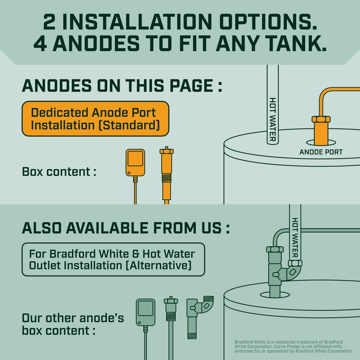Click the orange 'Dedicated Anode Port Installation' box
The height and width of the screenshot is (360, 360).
click(x=95, y=119)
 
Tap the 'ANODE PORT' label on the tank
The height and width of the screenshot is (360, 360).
click(x=321, y=152)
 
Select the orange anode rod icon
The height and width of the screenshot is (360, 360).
click(x=167, y=175)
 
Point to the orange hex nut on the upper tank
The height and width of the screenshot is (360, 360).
click(x=321, y=119)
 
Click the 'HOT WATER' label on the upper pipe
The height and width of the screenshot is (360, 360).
click(x=272, y=120)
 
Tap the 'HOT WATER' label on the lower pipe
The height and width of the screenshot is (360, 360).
click(x=295, y=237)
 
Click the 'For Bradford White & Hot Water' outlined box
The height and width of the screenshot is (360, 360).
click(x=113, y=259)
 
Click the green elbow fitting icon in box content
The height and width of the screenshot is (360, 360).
click(x=200, y=317)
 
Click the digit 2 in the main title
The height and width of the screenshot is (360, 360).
click(x=49, y=22)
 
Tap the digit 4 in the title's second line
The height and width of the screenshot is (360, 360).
click(x=40, y=43)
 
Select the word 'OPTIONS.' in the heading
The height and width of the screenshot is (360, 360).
click(x=268, y=22)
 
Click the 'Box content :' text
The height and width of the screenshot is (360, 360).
click(x=59, y=172)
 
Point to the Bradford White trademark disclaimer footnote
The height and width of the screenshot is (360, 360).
click(x=293, y=346)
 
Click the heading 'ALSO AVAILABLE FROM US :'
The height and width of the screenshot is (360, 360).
click(x=126, y=228)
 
